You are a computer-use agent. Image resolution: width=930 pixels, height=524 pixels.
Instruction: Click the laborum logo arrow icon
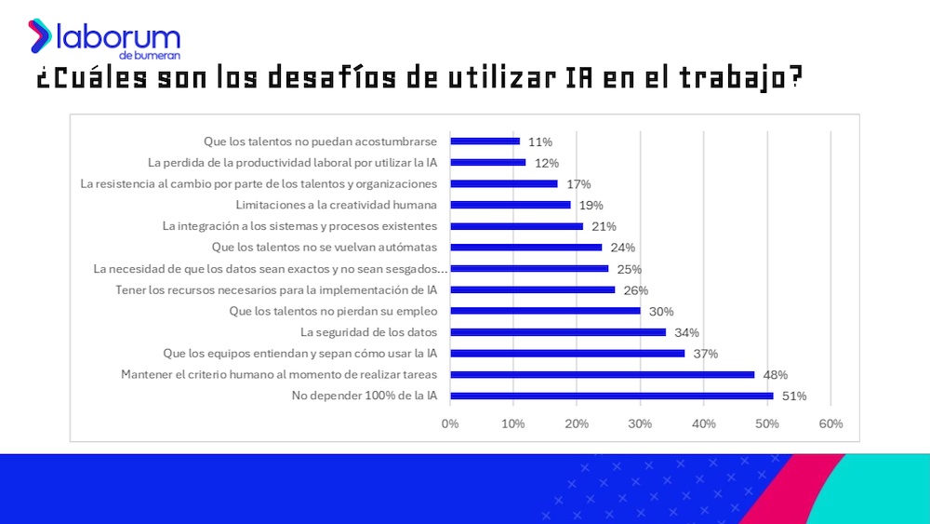coord(40,35)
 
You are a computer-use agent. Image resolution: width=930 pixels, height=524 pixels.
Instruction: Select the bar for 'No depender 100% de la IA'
coord(611,396)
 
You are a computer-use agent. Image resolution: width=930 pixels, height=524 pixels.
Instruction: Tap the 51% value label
coord(794,396)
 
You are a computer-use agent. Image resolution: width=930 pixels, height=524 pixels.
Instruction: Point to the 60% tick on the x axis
coord(830,423)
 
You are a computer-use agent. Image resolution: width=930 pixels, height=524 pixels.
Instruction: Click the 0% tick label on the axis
coord(450,423)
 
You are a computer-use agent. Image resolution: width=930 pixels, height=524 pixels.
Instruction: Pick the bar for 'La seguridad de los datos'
coord(558,332)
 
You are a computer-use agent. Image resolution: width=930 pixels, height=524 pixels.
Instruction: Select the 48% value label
coord(776,375)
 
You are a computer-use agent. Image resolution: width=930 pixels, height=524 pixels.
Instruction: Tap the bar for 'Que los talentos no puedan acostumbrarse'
coord(485,141)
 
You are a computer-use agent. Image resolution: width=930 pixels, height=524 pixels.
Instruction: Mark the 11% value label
coord(539,141)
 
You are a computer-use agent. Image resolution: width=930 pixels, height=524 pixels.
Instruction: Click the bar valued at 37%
coord(567,354)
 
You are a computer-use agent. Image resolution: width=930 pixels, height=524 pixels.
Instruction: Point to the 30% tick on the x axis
coord(640,423)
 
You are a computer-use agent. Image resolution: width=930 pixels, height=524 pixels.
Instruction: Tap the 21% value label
coord(604,226)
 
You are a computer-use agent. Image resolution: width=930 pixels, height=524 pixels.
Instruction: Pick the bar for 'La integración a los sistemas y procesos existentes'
coord(516,226)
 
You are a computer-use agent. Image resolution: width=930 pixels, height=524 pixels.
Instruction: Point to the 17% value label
coord(578,184)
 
